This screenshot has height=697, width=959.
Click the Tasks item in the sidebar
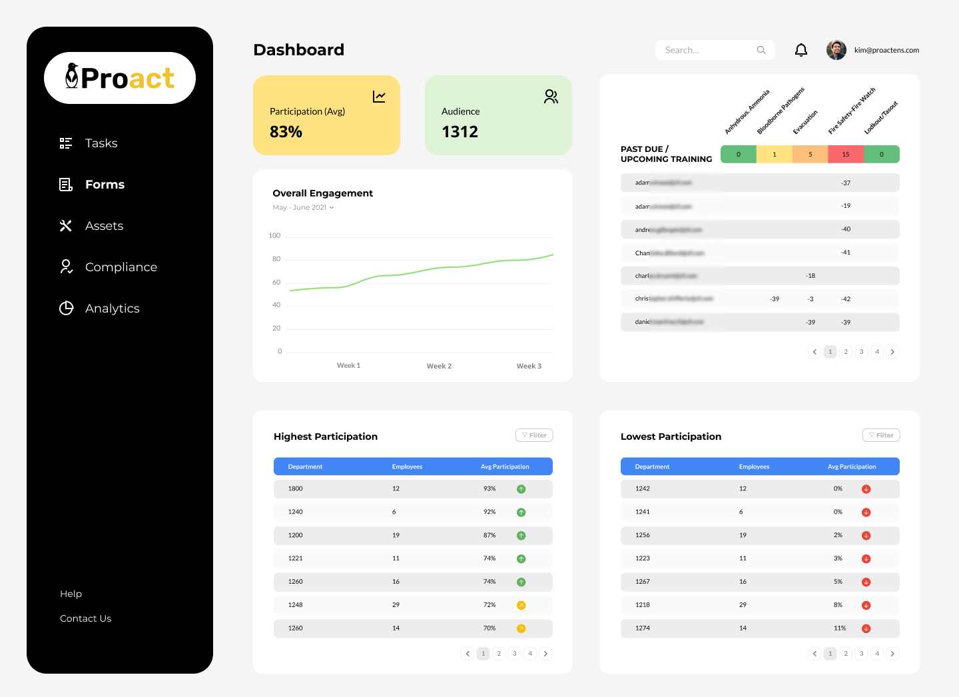point(101,143)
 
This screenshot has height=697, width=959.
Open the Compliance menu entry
point(121,267)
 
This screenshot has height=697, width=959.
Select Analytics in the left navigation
point(112,309)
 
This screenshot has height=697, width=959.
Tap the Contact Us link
point(85,618)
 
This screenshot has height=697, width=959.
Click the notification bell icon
point(801,50)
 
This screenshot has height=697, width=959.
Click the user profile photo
point(836,50)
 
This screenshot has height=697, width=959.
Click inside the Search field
point(709,50)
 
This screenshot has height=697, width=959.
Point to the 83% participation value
point(286,132)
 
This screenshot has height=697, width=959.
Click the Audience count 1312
point(460,132)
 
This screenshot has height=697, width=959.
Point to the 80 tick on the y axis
point(276,259)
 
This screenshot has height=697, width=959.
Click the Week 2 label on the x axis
point(439,366)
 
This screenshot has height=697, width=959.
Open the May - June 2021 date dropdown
point(304,207)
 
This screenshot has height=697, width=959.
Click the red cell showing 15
point(846,154)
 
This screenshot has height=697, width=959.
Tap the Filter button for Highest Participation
point(534,435)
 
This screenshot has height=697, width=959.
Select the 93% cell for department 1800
point(489,488)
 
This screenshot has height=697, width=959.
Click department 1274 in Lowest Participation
point(642,628)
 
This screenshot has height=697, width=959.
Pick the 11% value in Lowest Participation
point(840,628)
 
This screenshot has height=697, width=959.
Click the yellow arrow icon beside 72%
point(521,605)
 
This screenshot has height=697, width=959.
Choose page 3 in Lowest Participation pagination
point(861,654)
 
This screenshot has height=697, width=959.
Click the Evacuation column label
point(805,123)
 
